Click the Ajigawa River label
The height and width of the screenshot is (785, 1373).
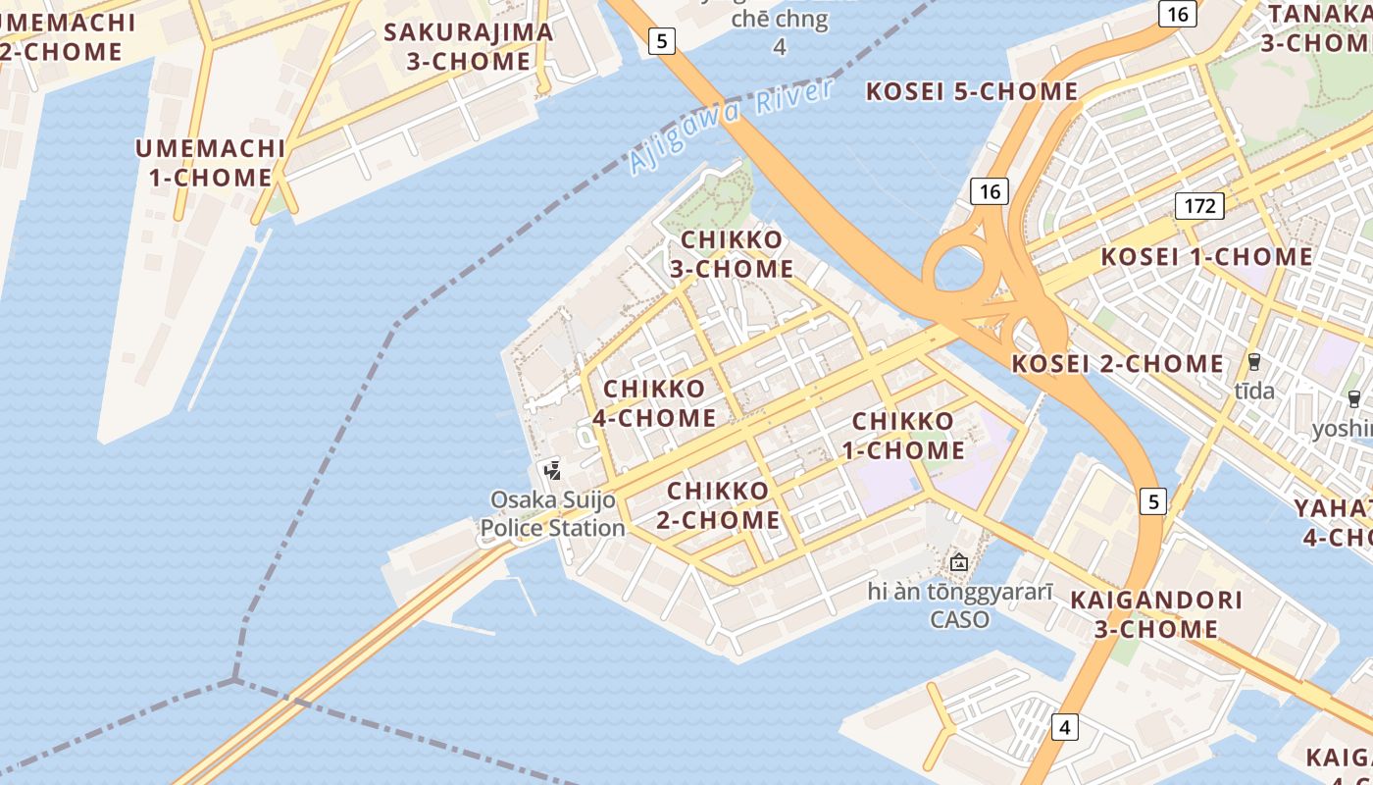click(x=732, y=127)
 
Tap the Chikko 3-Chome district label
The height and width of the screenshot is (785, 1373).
click(x=732, y=254)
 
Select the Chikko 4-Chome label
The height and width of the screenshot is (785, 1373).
click(x=654, y=403)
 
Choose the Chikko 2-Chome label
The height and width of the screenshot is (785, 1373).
click(x=719, y=505)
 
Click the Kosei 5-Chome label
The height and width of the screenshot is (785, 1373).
click(x=972, y=92)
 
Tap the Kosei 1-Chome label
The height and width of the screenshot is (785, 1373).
click(x=1206, y=257)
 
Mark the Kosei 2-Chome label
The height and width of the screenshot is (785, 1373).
click(x=1118, y=364)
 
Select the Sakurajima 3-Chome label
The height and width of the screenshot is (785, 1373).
click(x=469, y=46)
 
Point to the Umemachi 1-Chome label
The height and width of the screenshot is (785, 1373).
click(x=210, y=163)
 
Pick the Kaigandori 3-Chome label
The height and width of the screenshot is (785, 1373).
click(x=1157, y=614)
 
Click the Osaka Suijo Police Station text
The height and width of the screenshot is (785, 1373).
click(x=553, y=514)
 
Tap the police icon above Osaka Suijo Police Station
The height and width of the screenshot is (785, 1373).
click(x=553, y=470)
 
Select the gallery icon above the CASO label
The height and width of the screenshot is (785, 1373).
click(x=959, y=562)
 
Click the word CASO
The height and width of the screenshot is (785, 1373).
click(x=959, y=620)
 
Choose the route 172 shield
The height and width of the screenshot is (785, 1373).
click(x=1199, y=206)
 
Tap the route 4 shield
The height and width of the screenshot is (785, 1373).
click(x=1064, y=728)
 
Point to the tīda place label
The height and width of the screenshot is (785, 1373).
click(x=1254, y=392)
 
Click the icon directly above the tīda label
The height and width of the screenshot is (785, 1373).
click(x=1253, y=361)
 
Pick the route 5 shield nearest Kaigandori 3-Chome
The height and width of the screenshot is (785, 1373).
click(x=1153, y=501)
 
